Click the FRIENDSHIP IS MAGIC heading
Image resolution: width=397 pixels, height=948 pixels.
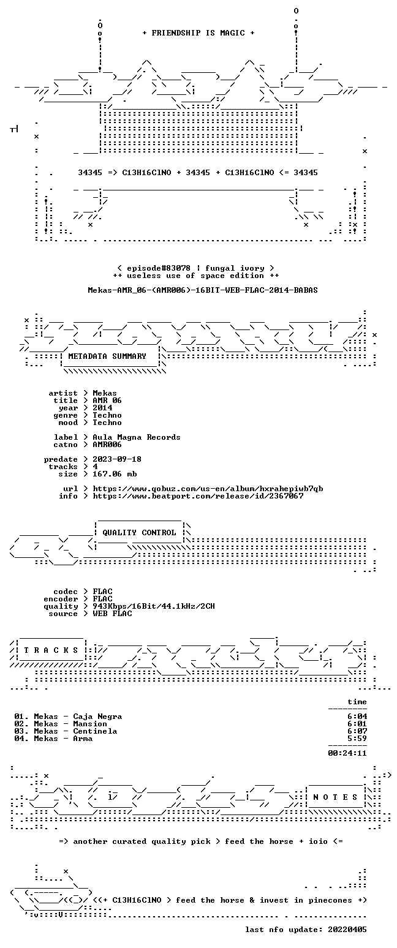(198, 33)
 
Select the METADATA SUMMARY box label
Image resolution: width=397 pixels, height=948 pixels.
(107, 356)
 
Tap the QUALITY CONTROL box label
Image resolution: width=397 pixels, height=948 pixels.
(139, 533)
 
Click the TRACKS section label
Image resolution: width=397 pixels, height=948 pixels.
(51, 650)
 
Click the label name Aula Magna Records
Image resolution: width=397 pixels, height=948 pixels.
(137, 438)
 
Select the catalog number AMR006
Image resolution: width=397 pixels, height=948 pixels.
(107, 445)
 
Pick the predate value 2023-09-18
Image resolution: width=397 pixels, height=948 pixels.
(117, 460)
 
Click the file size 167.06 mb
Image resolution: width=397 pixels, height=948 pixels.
(115, 474)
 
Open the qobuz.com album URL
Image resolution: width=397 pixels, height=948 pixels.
(208, 489)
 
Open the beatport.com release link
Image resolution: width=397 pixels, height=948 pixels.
(198, 496)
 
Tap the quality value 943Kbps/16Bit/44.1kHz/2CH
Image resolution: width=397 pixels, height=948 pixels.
(154, 606)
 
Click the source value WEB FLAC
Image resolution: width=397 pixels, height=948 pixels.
(112, 614)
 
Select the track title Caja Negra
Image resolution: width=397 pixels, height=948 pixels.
(97, 717)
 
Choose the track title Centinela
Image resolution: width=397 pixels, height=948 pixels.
(95, 731)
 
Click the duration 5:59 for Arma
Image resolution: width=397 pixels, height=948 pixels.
(357, 739)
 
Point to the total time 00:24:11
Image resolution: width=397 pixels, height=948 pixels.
(347, 753)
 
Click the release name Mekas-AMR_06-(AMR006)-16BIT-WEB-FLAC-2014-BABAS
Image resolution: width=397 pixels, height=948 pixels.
(203, 290)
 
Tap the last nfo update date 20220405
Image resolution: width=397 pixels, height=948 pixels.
(347, 930)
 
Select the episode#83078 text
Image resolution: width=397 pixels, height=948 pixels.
(159, 268)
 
